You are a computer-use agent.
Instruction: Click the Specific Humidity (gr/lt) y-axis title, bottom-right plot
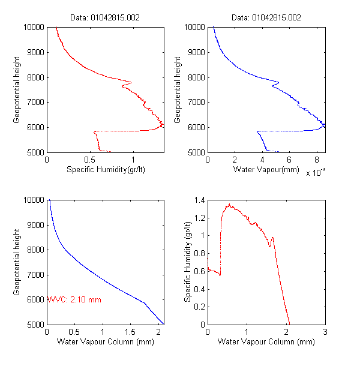[188, 262]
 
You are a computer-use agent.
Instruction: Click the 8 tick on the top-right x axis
[317, 161]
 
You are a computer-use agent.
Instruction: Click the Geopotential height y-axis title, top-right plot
[178, 90]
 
